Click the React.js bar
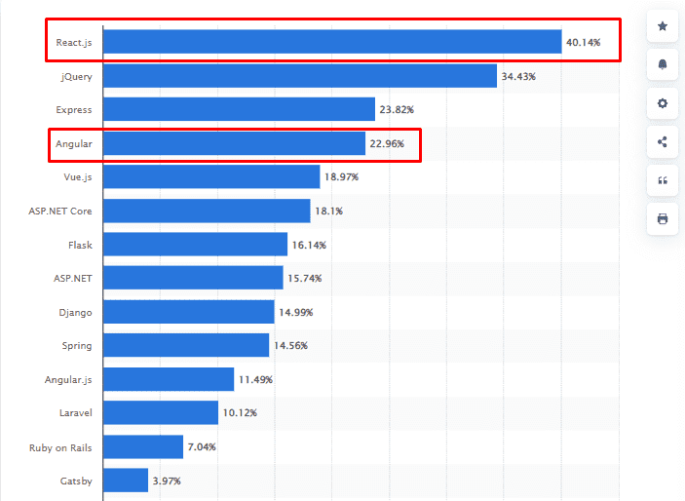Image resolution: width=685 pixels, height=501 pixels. pyautogui.click(x=332, y=42)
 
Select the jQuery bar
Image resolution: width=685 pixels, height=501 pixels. pyautogui.click(x=300, y=76)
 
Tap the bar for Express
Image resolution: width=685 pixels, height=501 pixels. pyautogui.click(x=239, y=109)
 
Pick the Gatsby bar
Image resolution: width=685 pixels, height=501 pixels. pyautogui.click(x=126, y=481)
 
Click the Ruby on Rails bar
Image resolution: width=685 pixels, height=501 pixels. pyautogui.click(x=143, y=446)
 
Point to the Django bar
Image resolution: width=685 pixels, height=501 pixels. pyautogui.click(x=188, y=312)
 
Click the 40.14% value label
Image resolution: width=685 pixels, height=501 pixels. pyautogui.click(x=584, y=43)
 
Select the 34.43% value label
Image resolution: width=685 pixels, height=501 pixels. pyautogui.click(x=519, y=76)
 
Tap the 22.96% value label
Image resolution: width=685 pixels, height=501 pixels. pyautogui.click(x=387, y=144)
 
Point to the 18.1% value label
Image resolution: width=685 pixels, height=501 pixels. pyautogui.click(x=328, y=212)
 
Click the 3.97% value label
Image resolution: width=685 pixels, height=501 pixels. pyautogui.click(x=167, y=481)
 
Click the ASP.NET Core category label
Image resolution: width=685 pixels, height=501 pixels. pyautogui.click(x=60, y=212)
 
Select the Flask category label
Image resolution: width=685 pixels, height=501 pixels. pyautogui.click(x=80, y=245)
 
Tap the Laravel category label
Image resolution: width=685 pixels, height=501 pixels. pyautogui.click(x=75, y=413)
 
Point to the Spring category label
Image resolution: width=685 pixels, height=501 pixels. pyautogui.click(x=77, y=346)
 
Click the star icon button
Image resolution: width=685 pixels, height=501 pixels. pyautogui.click(x=663, y=26)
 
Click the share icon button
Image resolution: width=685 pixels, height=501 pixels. pyautogui.click(x=663, y=142)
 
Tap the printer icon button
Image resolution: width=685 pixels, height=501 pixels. pyautogui.click(x=663, y=219)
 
